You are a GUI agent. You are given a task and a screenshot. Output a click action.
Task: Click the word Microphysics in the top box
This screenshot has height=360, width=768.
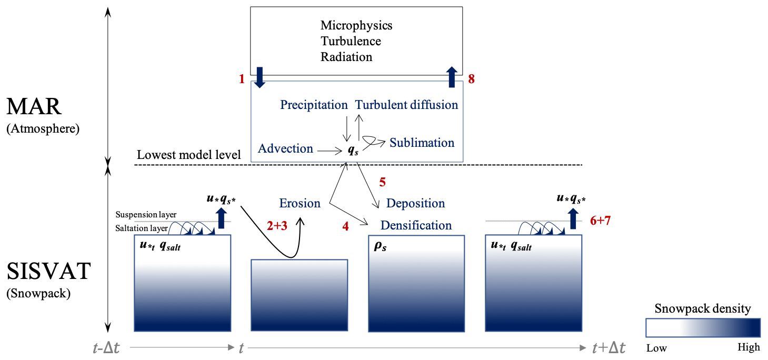pos(356,25)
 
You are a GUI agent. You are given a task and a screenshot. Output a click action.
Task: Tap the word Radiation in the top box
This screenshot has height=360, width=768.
pos(346,57)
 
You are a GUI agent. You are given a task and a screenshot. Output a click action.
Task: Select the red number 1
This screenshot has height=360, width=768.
pos(242,79)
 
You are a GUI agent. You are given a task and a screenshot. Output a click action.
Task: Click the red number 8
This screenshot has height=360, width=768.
pos(471,79)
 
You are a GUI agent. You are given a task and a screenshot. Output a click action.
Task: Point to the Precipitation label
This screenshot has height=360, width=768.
pos(314,105)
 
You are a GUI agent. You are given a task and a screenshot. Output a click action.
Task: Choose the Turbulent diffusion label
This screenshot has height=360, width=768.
pos(406,105)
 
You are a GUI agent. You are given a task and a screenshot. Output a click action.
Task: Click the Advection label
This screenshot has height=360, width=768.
pos(285,149)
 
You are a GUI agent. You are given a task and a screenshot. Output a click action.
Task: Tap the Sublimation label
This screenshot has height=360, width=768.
pos(422,143)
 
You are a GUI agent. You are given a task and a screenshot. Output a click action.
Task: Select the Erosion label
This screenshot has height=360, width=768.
pos(300,203)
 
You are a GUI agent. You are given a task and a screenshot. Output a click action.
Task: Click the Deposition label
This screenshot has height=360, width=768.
pos(415,203)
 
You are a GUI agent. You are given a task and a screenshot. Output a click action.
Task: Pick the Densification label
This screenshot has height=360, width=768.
pos(416,225)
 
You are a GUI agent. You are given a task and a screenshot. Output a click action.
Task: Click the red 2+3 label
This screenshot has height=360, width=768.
pos(277,226)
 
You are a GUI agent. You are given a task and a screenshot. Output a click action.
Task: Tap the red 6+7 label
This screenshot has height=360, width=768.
pos(600,221)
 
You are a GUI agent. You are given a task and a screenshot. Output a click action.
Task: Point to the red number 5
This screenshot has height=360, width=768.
pos(382,183)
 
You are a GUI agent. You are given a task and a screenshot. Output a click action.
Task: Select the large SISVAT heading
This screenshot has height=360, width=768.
pos(48,272)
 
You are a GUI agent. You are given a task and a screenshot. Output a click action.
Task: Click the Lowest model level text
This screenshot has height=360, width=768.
pos(188,155)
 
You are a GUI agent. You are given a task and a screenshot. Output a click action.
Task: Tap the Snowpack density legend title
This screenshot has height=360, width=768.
pos(702,308)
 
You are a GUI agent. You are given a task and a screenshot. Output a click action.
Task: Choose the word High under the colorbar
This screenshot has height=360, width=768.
pos(749,347)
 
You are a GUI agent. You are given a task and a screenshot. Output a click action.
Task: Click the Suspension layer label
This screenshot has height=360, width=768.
pos(146,215)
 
